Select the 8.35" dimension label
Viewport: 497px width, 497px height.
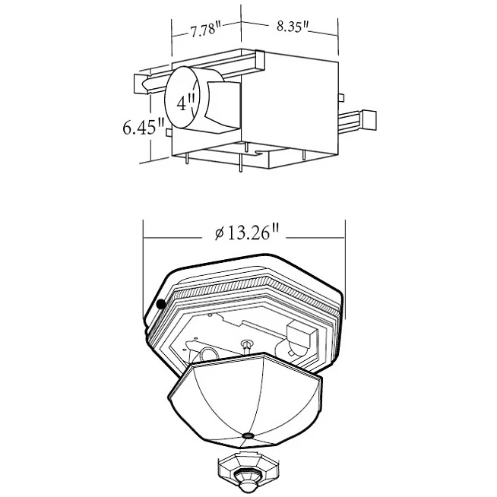click(x=293, y=27)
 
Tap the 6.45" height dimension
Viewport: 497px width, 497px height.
click(x=144, y=127)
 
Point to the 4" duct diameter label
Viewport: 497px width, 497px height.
click(x=185, y=103)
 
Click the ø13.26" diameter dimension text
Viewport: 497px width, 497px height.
click(x=246, y=233)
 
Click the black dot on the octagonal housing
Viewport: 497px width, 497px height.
click(x=161, y=304)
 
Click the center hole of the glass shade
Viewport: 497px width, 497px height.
click(x=248, y=436)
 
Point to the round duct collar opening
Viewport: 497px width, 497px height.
click(x=182, y=97)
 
